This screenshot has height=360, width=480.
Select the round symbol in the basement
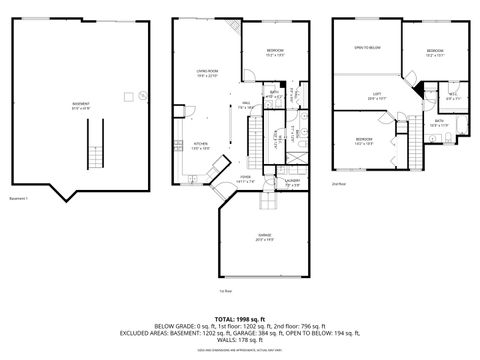pos(141,97)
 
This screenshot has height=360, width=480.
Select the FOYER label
pos(245,178)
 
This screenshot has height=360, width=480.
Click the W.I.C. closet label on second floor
pos(452,96)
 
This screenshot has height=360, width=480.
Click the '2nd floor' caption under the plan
pos(338,184)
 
